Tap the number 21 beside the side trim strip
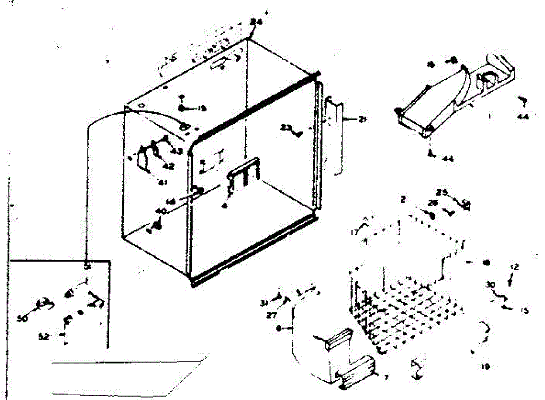(x=362, y=120)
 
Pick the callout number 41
(x=162, y=183)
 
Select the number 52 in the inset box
(x=44, y=337)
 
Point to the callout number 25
(x=442, y=192)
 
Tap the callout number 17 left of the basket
(x=354, y=231)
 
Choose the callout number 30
(x=490, y=285)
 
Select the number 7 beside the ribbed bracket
(x=386, y=377)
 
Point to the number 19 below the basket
(x=486, y=366)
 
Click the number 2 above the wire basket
(x=402, y=199)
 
